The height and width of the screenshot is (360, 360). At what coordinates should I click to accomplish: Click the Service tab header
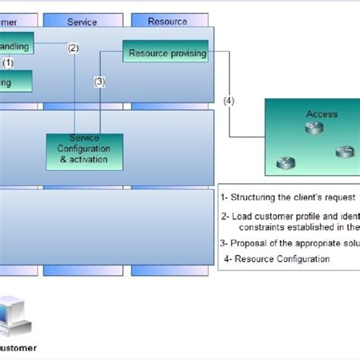[82, 21]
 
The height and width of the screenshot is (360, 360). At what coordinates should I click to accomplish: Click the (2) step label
[73, 48]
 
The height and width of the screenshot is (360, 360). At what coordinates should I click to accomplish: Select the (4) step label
[229, 100]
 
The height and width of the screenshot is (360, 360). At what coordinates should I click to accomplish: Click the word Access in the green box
[321, 114]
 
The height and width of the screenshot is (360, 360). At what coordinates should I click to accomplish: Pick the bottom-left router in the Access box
[283, 163]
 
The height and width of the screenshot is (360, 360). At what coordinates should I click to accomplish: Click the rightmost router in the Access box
[343, 152]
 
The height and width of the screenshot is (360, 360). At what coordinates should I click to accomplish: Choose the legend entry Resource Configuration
[277, 259]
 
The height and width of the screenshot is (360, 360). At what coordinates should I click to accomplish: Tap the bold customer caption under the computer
[18, 349]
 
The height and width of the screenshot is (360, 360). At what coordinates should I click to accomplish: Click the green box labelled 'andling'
[15, 46]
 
